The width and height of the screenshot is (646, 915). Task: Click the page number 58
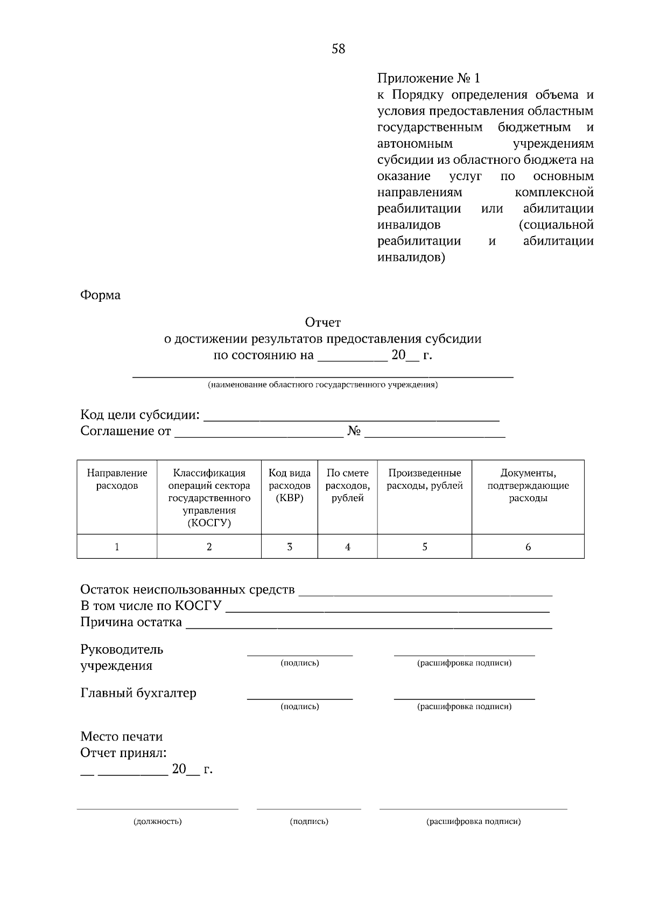(x=338, y=49)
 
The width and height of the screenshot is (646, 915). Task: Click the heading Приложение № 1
(x=428, y=79)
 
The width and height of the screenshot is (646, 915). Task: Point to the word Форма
(x=100, y=295)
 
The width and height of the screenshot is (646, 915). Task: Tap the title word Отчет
(x=322, y=322)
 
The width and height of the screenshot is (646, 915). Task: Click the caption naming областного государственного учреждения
(x=322, y=385)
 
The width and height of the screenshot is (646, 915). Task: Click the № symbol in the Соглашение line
(x=354, y=432)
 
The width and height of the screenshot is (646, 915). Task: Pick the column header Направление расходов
(x=117, y=479)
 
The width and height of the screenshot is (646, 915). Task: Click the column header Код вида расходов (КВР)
(x=289, y=485)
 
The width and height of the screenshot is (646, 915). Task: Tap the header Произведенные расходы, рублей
(x=424, y=479)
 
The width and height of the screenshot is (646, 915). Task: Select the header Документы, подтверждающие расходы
(x=528, y=485)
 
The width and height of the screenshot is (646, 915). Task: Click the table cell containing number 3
(x=289, y=546)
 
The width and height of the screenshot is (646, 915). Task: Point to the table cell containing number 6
(x=528, y=546)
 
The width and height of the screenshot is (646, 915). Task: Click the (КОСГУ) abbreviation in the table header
(x=209, y=523)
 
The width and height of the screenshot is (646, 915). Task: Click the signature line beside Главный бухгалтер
(x=299, y=698)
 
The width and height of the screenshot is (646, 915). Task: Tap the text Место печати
(x=121, y=736)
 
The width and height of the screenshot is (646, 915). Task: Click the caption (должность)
(x=157, y=821)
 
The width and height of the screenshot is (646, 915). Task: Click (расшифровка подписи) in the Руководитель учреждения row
(x=464, y=663)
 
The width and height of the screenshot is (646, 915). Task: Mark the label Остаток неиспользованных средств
(x=187, y=590)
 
